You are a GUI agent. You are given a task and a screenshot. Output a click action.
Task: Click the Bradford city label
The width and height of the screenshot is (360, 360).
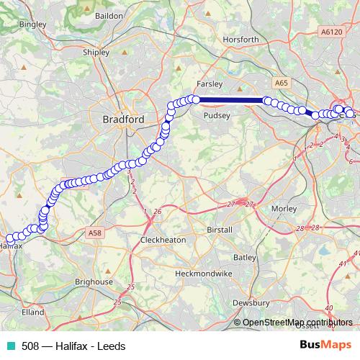coord(124,119)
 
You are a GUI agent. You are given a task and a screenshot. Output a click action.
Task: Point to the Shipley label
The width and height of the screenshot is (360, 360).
coord(96,52)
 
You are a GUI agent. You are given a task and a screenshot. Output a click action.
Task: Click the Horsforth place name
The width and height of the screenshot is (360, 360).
coord(241,39)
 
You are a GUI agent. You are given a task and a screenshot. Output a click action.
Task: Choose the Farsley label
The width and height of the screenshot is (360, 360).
coord(210,84)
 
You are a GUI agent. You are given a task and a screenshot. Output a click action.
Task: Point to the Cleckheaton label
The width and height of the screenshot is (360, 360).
coord(163,240)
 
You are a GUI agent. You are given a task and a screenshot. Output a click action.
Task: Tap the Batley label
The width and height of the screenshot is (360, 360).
coord(245,257)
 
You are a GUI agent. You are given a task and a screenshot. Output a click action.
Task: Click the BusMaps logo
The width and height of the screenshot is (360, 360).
coord(325,345)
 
